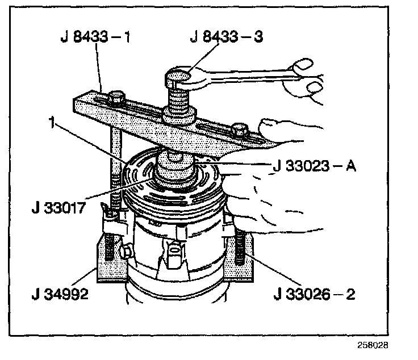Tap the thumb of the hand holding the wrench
click(302, 66)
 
